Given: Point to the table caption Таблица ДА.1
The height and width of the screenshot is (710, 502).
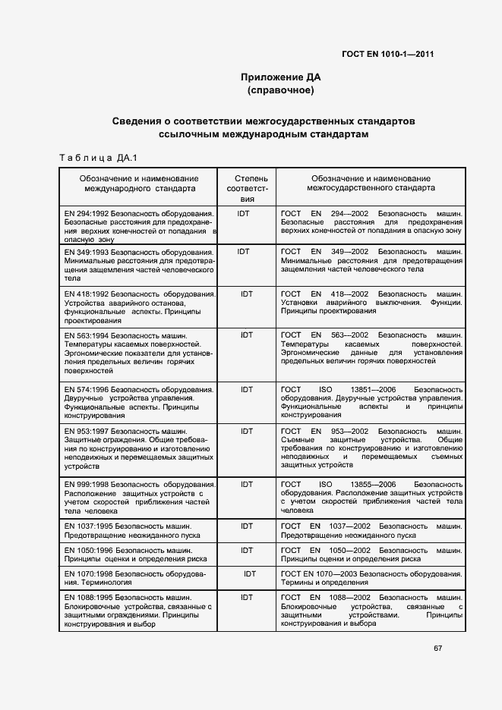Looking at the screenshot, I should tap(96, 158).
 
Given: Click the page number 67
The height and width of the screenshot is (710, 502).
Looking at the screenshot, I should tap(438, 648).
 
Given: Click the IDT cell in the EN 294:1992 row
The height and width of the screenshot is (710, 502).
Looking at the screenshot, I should tap(243, 214).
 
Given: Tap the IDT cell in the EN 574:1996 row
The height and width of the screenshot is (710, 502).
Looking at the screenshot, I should tap(247, 389).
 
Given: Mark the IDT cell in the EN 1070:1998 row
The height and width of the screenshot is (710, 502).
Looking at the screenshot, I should tap(250, 573).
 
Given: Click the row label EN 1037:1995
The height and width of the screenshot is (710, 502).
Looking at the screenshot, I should tap(90, 526).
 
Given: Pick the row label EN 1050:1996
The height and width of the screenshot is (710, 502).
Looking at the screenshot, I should tap(90, 549).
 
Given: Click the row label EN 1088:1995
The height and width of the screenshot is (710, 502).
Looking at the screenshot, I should tap(90, 598).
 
